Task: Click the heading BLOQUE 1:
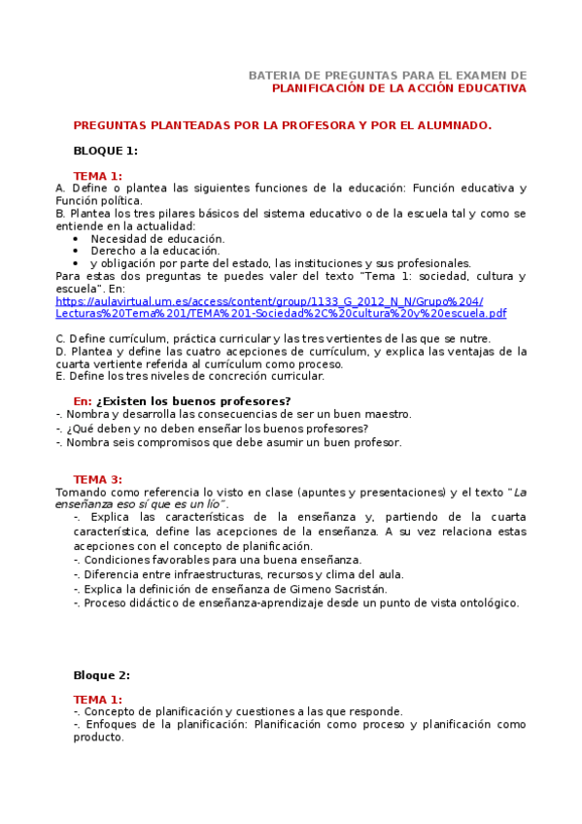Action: (105, 151)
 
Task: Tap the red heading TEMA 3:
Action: (97, 479)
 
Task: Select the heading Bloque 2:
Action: (101, 674)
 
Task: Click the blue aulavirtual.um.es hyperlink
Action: (281, 307)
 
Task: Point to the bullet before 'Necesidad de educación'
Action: (77, 238)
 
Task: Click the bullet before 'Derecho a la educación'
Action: (77, 251)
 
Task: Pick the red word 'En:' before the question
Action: (83, 401)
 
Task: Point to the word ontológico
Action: (486, 602)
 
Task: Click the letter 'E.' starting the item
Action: (60, 376)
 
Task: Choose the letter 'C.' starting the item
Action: (60, 338)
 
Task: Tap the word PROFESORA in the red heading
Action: (277, 125)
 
